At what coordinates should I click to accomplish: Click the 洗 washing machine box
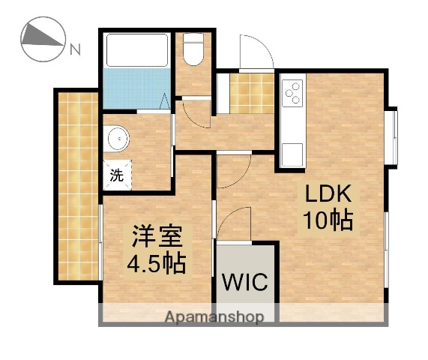coord(116,177)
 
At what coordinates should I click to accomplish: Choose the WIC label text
coord(244,282)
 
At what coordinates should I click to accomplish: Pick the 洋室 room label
coord(158,238)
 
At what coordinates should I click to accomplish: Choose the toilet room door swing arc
coord(192,112)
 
